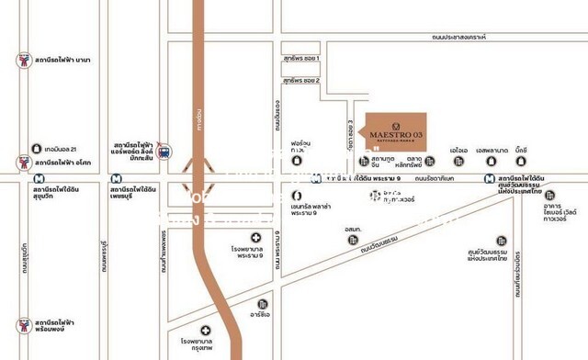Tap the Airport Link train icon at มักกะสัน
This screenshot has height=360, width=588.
(x=164, y=150)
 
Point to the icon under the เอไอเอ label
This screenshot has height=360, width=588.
(x=458, y=162)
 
